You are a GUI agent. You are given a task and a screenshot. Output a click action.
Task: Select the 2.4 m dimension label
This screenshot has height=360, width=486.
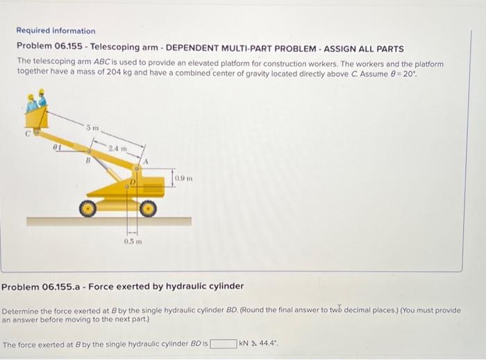click(x=118, y=148)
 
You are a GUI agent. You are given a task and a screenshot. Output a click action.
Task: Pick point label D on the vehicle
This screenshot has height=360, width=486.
click(x=130, y=181)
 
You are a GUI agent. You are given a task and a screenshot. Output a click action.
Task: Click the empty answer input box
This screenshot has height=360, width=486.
click(x=223, y=343)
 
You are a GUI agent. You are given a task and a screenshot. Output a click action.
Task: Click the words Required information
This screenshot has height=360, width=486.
click(x=56, y=31)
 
